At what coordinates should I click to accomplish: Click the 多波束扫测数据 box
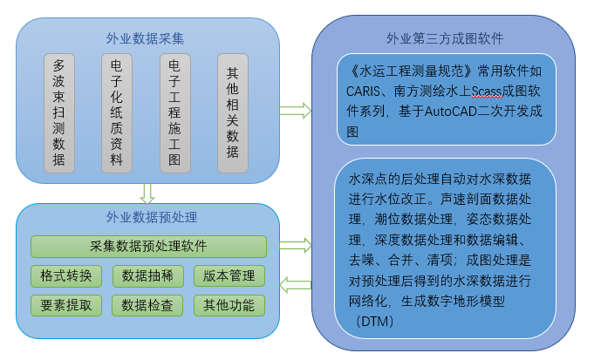tap(60, 113)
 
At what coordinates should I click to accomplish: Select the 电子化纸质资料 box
tap(117, 113)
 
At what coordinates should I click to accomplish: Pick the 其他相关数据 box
tap(232, 113)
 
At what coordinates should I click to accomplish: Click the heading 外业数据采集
tap(145, 38)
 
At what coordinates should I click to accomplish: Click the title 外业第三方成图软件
tap(444, 39)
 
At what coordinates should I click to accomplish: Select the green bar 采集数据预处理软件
tap(148, 246)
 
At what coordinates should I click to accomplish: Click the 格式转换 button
tap(66, 275)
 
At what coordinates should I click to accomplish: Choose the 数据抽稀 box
tap(147, 275)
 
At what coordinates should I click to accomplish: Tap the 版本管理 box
tap(229, 275)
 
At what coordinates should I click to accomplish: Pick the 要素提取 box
tap(66, 305)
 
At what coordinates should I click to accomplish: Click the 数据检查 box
tap(147, 305)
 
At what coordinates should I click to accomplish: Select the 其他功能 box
tap(229, 305)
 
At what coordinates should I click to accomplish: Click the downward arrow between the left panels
tap(147, 193)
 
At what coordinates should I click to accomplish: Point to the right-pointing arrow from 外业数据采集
tap(295, 110)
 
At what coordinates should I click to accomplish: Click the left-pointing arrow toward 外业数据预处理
tap(297, 283)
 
